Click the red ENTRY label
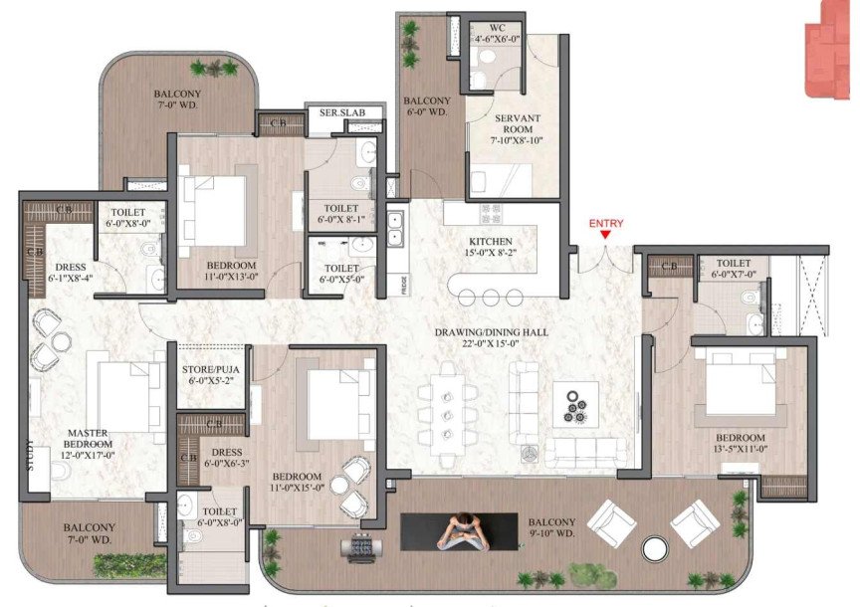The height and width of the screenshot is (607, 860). point(606,224)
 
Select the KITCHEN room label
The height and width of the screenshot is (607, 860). point(491,248)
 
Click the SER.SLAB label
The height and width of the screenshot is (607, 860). point(342,113)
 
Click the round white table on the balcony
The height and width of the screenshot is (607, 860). point(655,548)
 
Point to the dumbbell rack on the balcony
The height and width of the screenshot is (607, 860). point(357,547)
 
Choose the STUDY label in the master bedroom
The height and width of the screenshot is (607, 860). point(30,456)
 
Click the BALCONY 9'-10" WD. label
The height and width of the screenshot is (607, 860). point(551,528)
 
